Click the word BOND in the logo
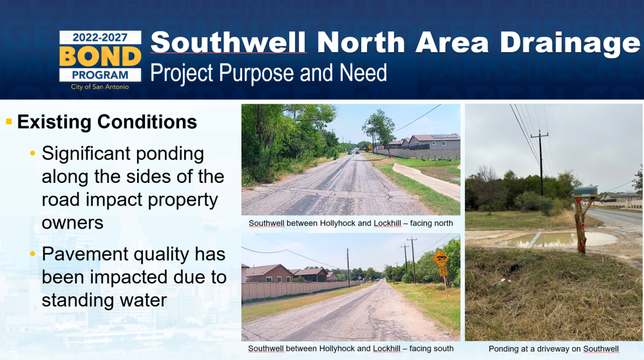[100, 57]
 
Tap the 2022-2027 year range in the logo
[100, 38]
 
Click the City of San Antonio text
[100, 86]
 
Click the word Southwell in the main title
[229, 43]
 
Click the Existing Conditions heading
[107, 122]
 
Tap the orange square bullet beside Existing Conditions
[9, 122]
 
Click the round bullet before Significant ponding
[33, 154]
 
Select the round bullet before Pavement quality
[33, 254]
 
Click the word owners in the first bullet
[73, 223]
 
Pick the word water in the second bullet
[144, 300]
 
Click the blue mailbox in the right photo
[585, 191]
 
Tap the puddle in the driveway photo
[563, 239]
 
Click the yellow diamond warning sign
[440, 259]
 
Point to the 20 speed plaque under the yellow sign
[443, 271]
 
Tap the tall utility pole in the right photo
[541, 164]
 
